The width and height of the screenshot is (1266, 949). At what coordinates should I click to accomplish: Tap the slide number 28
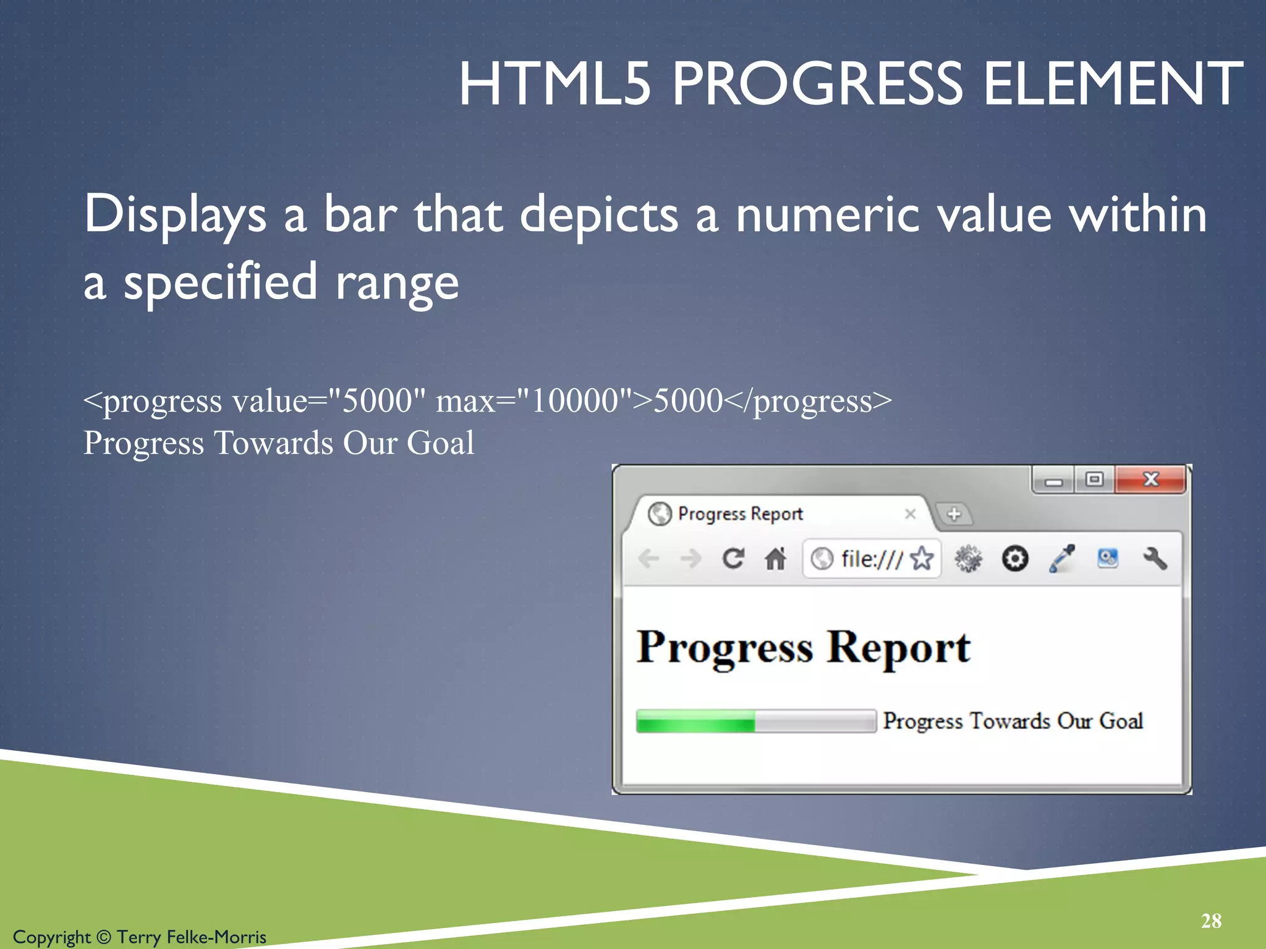click(x=1211, y=921)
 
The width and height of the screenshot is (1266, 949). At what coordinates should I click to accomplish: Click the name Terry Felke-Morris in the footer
click(x=192, y=937)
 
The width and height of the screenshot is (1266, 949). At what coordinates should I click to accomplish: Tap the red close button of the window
click(x=1150, y=479)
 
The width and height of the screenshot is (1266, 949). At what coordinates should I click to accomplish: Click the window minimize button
click(x=1054, y=481)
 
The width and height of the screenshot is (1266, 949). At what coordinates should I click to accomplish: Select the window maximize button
click(x=1094, y=479)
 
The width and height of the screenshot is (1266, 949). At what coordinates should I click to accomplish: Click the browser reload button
click(x=733, y=559)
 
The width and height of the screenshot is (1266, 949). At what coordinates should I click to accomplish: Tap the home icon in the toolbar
click(x=775, y=559)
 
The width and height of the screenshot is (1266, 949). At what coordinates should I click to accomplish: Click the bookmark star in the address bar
click(x=922, y=559)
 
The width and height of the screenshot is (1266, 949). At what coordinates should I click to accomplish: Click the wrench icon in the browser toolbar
click(x=1154, y=559)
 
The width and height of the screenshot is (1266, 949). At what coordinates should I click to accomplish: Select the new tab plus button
click(x=954, y=514)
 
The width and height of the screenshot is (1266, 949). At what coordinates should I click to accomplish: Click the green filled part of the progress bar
click(x=695, y=721)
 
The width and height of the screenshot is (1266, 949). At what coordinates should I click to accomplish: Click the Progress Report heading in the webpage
click(x=803, y=647)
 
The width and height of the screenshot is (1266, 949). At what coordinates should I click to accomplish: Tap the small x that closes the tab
click(x=910, y=514)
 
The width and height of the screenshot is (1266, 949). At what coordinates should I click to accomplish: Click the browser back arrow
click(x=648, y=559)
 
